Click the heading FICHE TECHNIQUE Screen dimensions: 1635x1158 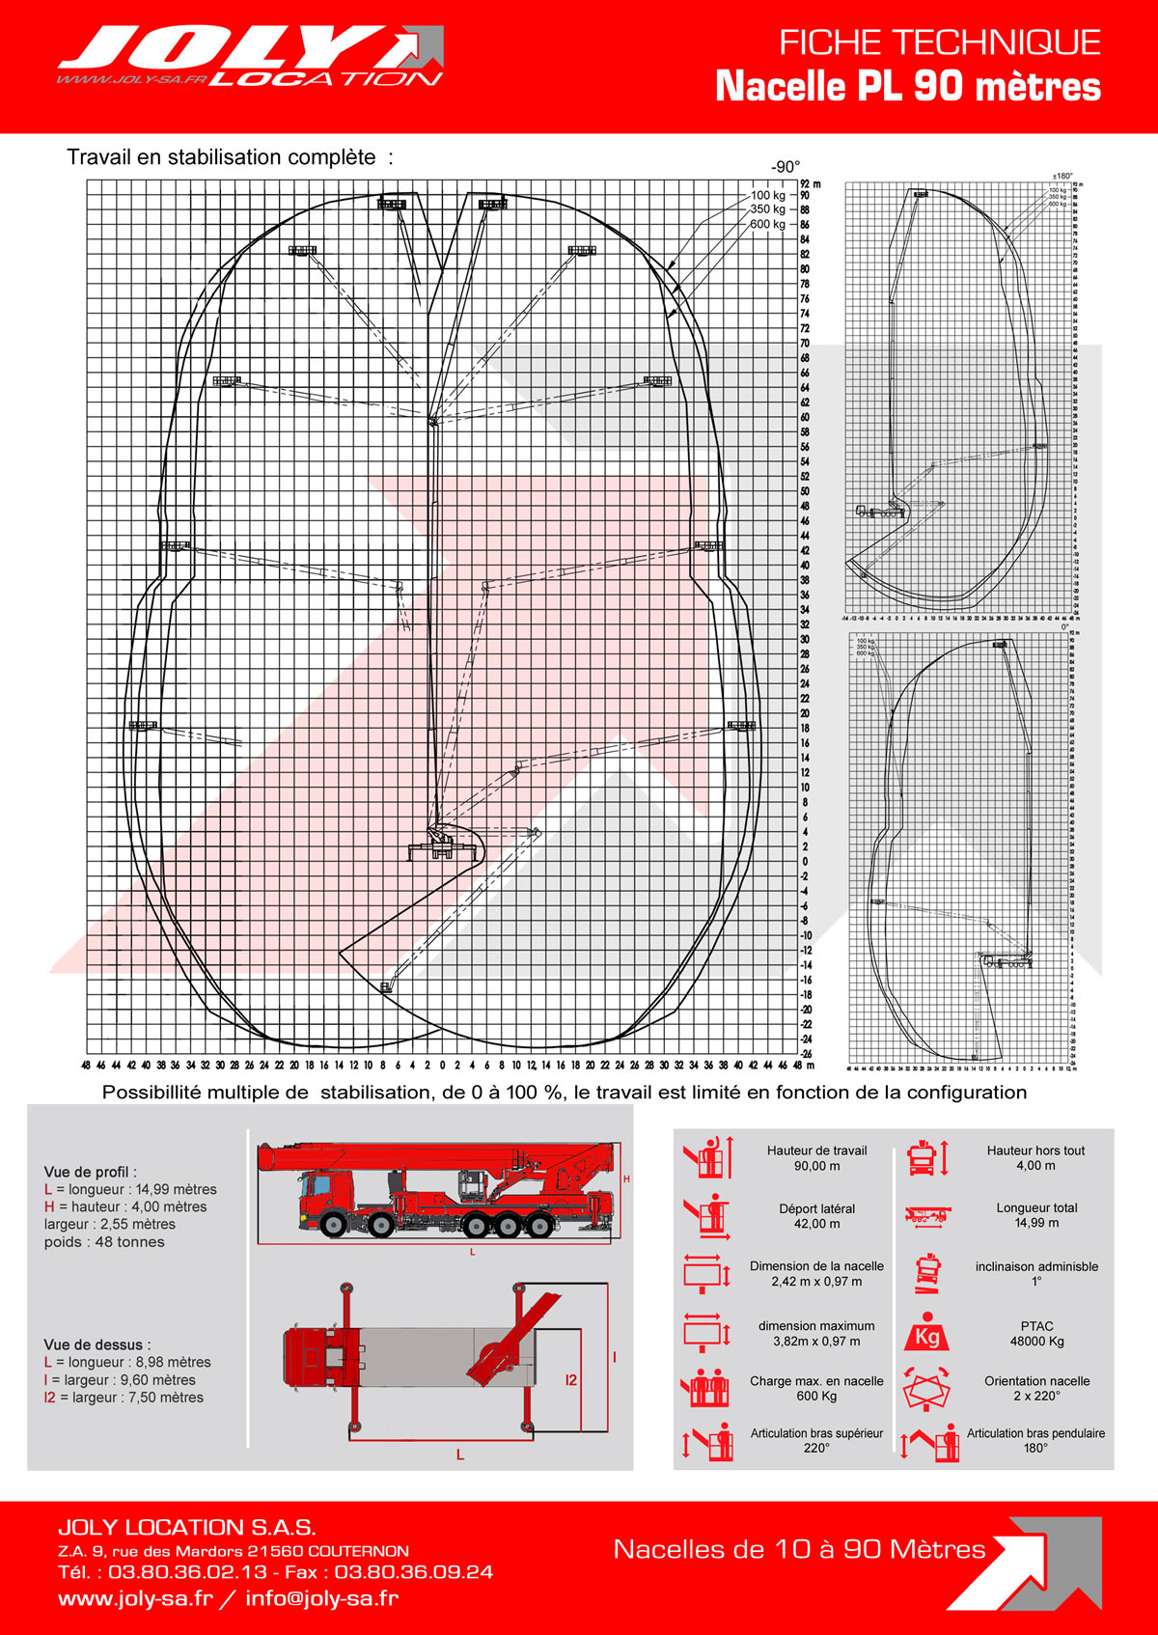coord(939,42)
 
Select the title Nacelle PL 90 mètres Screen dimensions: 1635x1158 coord(907,87)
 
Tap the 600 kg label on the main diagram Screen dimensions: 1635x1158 coord(767,224)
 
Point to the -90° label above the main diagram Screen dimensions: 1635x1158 coord(786,167)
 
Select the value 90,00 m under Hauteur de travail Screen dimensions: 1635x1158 coord(816,1166)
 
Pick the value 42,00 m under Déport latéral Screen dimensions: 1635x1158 coord(816,1224)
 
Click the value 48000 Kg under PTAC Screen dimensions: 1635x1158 coord(1036,1342)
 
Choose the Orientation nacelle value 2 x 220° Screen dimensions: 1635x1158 coord(1036,1396)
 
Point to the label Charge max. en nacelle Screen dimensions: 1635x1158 coord(816,1381)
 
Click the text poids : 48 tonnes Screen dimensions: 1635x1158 coord(104,1242)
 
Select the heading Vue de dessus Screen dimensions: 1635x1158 coord(96,1344)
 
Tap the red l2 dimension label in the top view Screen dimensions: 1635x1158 coord(571,1380)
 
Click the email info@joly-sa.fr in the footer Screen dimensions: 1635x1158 coord(321,1598)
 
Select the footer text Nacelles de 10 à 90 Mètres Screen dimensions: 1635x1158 coord(799,1550)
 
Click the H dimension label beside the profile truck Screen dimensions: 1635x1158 coord(626,1179)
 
